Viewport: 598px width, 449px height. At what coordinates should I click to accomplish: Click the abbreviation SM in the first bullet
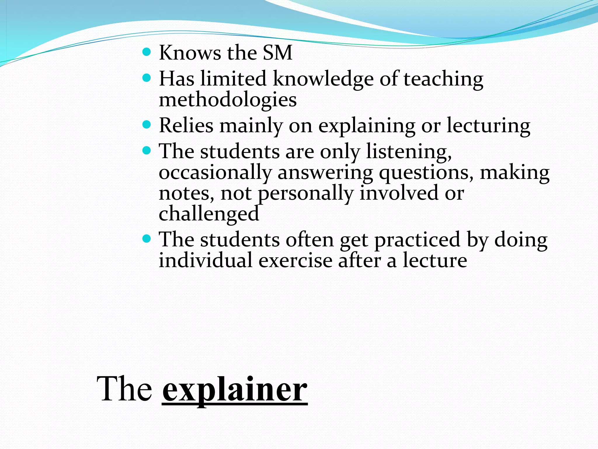(277, 53)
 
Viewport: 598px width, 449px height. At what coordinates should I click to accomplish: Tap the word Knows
(190, 53)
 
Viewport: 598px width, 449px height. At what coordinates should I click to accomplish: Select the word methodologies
(227, 100)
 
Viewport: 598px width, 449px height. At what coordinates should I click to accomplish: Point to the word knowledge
(323, 80)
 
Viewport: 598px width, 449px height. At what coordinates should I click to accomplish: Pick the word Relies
(186, 126)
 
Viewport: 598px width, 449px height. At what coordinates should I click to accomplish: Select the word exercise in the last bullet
(295, 260)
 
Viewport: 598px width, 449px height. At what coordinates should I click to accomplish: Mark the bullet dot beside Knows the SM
(147, 52)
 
